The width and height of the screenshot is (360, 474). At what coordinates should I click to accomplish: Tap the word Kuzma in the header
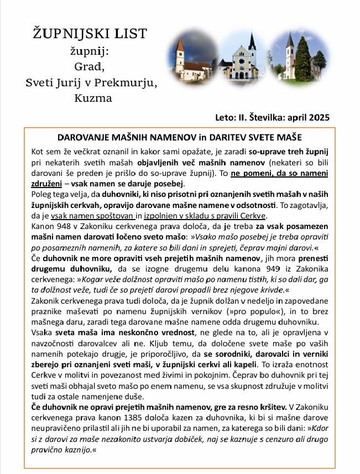[x=92, y=99]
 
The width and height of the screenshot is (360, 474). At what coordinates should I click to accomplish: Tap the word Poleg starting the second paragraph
[x=41, y=194]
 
